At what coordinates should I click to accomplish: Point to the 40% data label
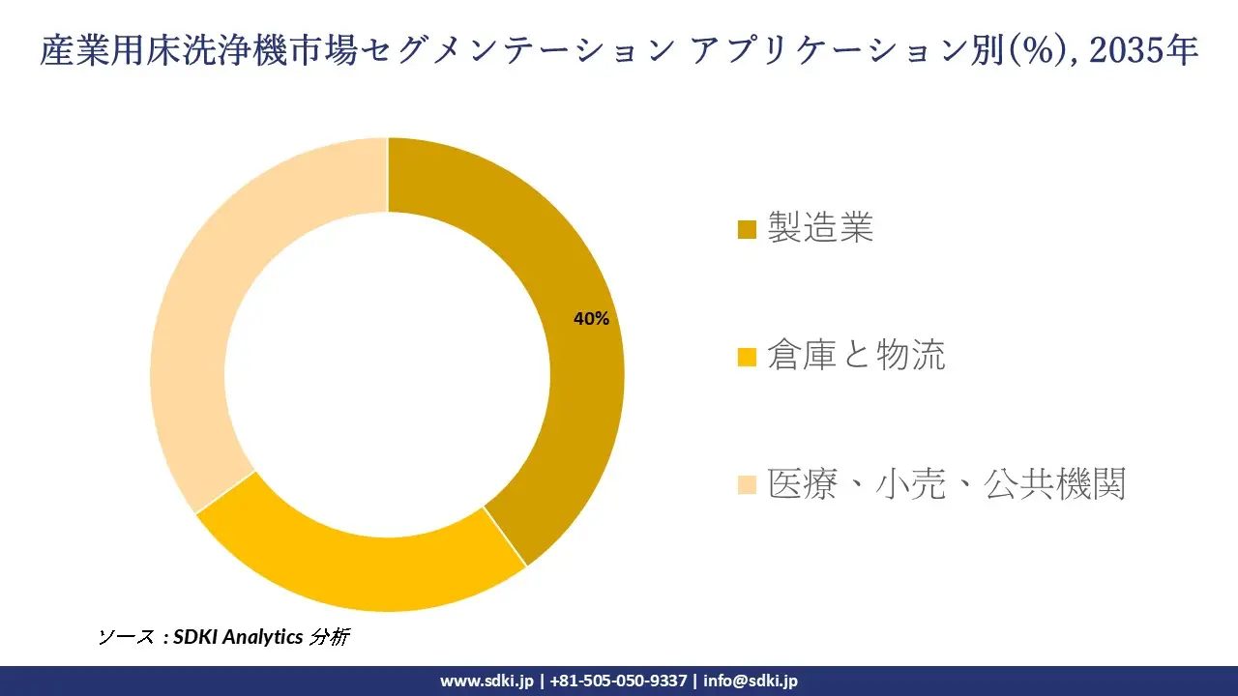[591, 319]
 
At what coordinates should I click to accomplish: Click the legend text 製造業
[820, 228]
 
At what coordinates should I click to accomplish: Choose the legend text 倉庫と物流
[856, 356]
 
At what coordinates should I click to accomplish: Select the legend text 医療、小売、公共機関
[947, 483]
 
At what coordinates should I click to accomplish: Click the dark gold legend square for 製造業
[747, 230]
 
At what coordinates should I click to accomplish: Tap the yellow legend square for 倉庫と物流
[747, 358]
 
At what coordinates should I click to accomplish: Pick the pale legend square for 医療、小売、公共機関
[747, 484]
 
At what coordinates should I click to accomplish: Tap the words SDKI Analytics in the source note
[238, 637]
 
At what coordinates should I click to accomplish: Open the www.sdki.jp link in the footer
[486, 681]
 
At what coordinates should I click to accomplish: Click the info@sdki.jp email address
[751, 681]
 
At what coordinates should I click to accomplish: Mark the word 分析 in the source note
[329, 637]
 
